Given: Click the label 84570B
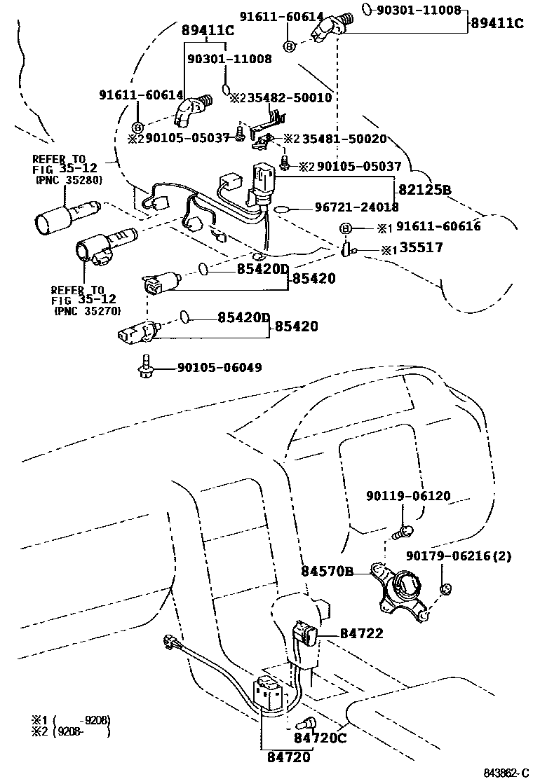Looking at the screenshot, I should point(327,571).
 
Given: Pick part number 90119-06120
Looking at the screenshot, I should point(408,496).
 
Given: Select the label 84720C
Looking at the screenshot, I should point(320,737).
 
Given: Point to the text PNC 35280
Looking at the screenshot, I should point(69,180).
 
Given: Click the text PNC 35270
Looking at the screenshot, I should point(87,310).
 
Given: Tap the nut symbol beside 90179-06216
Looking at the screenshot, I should point(444,588).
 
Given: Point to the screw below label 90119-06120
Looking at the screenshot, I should point(403,532).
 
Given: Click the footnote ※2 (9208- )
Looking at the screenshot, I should point(70,733).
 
